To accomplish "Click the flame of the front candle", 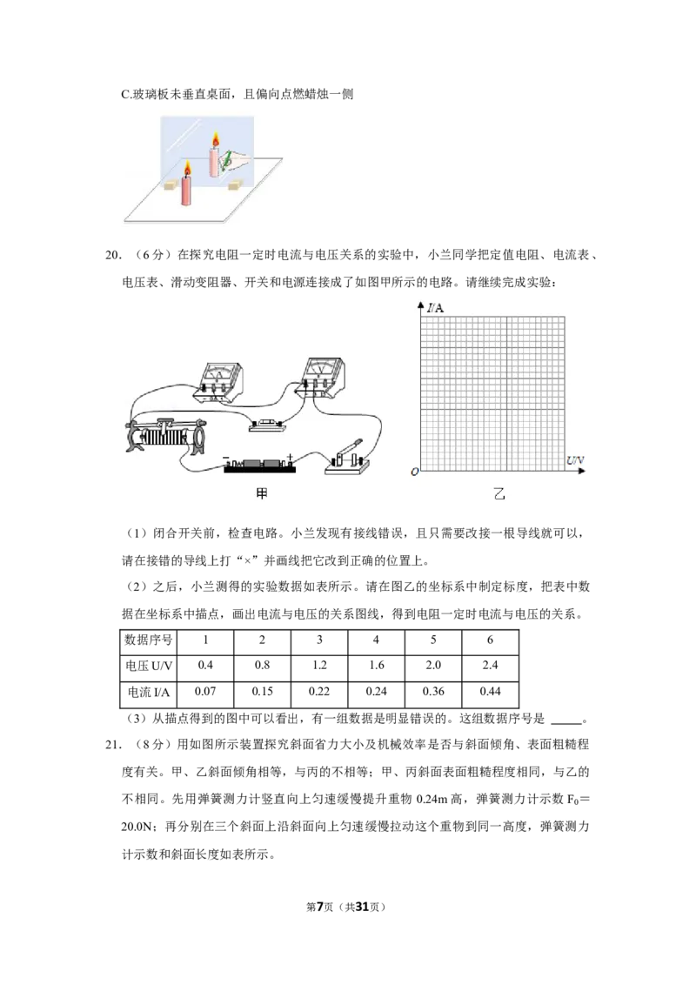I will (186, 168).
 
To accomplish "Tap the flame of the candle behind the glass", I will (215, 139).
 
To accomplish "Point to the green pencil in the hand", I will (228, 160).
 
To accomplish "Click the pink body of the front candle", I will (186, 191).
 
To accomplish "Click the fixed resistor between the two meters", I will (264, 425).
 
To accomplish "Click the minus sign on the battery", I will (225, 457).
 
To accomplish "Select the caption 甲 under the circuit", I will (260, 494).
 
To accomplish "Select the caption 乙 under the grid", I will (499, 494).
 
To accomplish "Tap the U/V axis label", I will (575, 459).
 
